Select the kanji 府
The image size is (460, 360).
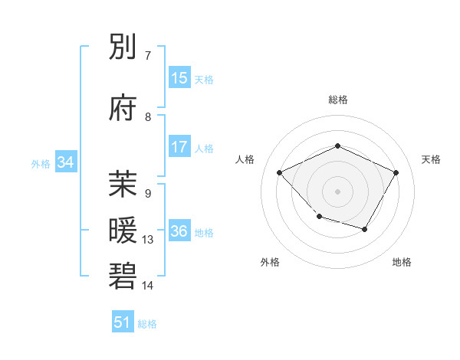coord(123,108)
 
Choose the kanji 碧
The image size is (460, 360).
coord(123,277)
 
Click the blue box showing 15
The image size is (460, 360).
coord(179,78)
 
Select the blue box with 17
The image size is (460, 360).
coord(179,147)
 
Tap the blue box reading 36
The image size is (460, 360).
coord(179,231)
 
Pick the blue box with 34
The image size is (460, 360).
coord(65,162)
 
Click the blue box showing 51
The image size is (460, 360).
coord(123,322)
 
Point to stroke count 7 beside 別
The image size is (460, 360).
coord(148,56)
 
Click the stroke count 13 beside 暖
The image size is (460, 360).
coord(148,240)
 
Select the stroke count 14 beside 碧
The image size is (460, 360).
coord(148,286)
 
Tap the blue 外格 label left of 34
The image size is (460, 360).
coord(41,163)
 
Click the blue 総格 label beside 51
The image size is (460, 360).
coord(147,324)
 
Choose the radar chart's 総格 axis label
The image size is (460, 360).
coord(337,100)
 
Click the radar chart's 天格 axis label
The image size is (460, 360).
coord(431,159)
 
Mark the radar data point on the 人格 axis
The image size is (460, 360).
coord(280,172)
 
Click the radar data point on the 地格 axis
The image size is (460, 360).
coord(365,229)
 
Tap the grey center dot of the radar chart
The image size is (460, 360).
coord(337,191)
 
